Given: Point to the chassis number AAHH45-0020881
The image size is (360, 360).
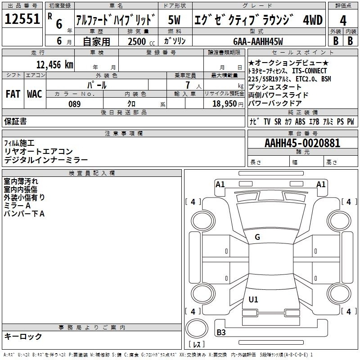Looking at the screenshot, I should click(302, 143).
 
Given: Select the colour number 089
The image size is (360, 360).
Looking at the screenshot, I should click(74, 104).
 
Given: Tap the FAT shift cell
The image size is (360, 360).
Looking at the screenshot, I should click(13, 94).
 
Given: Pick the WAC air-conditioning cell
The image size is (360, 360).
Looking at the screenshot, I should click(34, 94).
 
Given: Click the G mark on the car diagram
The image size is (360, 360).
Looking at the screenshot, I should click(257, 237).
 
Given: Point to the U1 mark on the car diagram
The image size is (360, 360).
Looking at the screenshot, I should click(253, 300).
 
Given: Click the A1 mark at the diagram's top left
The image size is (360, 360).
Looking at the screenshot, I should click(220, 184).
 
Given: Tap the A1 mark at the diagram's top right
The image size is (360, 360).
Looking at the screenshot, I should click(321, 184).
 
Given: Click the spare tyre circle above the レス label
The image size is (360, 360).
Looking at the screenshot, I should click(196, 329).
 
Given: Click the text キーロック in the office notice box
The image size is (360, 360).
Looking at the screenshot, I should click(23, 336).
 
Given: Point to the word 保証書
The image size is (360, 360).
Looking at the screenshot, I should click(15, 121).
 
